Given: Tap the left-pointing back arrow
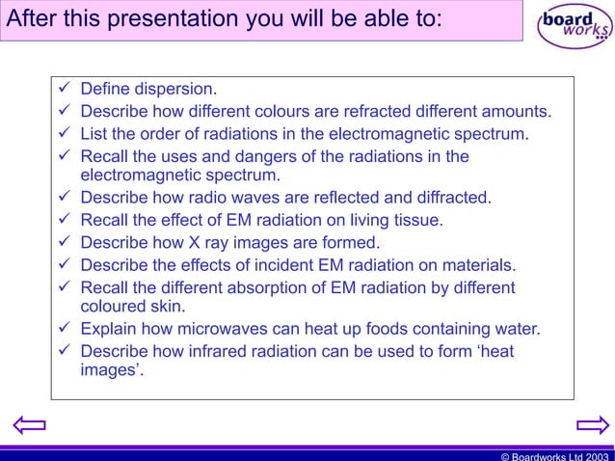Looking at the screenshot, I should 29,425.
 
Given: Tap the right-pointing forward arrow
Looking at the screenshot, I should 590,425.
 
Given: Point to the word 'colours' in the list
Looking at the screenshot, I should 300,111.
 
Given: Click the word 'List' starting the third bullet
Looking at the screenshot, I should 94,133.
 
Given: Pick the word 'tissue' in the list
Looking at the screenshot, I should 416,221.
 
